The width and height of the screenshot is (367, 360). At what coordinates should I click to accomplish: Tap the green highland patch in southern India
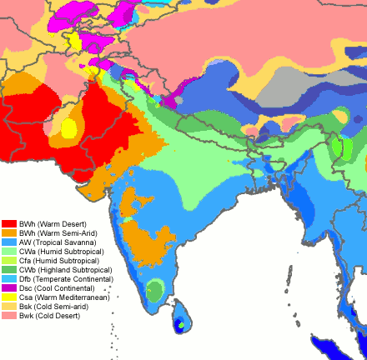click(x=155, y=290)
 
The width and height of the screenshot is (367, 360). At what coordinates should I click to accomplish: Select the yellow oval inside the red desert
click(x=68, y=128)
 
